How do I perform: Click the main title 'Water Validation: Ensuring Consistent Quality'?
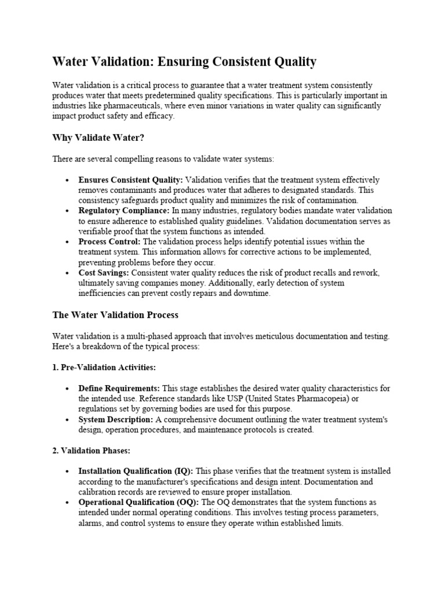coord(184,61)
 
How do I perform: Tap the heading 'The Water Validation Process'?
coord(115,315)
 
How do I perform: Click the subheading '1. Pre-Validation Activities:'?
coord(104,368)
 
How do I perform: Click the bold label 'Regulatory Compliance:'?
coord(124,211)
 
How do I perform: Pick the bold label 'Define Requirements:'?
coord(119,388)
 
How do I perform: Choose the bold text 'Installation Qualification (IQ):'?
coord(136,471)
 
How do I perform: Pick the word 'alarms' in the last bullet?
coord(90,523)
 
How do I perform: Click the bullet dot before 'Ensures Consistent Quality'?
coord(68,181)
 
